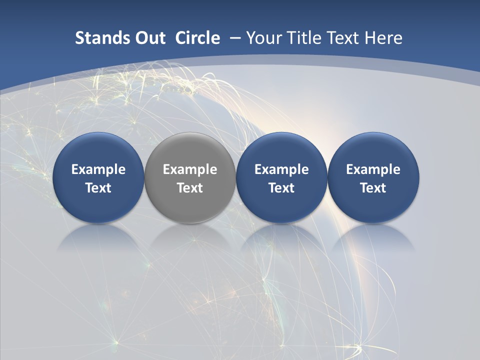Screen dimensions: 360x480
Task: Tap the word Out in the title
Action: [149, 38]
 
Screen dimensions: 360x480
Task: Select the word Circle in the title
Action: [197, 38]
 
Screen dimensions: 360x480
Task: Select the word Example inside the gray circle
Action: [190, 169]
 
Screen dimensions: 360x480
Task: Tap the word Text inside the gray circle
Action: [190, 188]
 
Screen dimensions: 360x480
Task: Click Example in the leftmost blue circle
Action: [98, 169]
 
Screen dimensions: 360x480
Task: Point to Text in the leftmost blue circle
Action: [98, 188]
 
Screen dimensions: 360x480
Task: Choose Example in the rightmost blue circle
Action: [373, 169]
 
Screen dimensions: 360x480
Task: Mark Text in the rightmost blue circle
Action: [373, 188]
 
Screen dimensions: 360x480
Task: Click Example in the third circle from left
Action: [281, 169]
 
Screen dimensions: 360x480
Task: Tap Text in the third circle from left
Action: [281, 188]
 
